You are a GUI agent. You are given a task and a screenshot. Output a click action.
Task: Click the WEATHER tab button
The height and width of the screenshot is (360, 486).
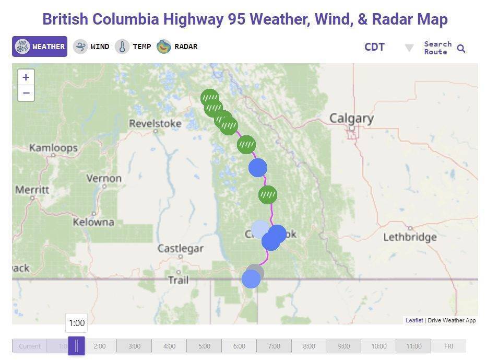40,47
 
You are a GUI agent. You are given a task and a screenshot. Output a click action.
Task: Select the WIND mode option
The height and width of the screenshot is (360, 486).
91,47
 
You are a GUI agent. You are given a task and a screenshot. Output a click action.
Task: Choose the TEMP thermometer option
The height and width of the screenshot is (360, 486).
133,47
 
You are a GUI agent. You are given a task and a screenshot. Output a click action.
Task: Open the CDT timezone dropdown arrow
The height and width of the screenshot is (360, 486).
409,48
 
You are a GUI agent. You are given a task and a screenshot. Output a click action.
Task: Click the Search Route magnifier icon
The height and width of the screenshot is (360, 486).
461,49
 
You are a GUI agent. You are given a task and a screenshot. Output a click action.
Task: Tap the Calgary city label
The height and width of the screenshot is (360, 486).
351,119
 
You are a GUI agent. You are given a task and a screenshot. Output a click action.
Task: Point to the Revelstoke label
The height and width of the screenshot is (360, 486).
155,124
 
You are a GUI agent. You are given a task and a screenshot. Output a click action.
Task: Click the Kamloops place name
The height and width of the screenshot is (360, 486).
53,148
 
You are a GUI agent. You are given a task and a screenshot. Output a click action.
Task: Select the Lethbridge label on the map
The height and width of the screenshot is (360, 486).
410,237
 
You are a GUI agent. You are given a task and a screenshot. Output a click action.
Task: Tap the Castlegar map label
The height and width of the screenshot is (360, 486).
181,249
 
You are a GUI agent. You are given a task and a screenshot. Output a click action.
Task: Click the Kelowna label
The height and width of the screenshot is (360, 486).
93,222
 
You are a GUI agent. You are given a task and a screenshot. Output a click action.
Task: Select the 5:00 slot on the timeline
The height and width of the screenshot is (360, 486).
204,346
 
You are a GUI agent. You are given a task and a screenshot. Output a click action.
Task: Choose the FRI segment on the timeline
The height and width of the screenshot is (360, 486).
448,346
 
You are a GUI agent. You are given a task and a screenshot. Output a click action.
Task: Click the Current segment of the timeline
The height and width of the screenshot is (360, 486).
30,346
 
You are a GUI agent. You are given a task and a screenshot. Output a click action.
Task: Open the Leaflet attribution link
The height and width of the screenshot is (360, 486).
414,320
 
